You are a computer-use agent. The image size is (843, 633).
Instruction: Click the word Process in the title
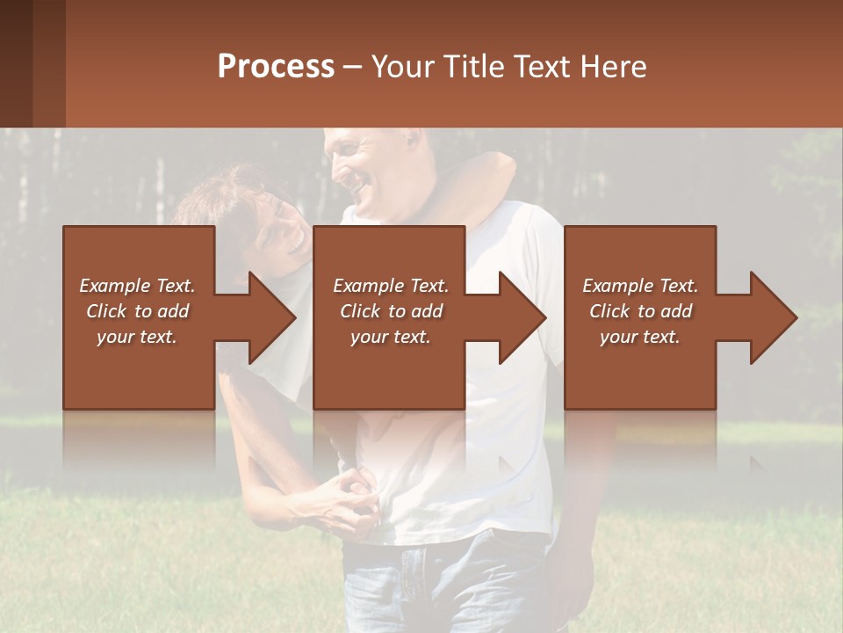pos(276,67)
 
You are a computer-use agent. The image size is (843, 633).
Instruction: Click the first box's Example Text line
pos(137,286)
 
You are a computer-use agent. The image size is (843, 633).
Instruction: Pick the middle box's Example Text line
pos(391,286)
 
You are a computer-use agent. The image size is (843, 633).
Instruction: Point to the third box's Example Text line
pos(640,286)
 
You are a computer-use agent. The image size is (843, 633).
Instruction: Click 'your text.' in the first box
pos(137,337)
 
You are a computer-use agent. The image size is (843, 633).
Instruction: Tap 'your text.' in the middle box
pos(391,337)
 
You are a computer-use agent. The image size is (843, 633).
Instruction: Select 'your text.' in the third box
pos(640,337)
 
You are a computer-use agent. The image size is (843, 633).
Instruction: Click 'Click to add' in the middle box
pos(391,311)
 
